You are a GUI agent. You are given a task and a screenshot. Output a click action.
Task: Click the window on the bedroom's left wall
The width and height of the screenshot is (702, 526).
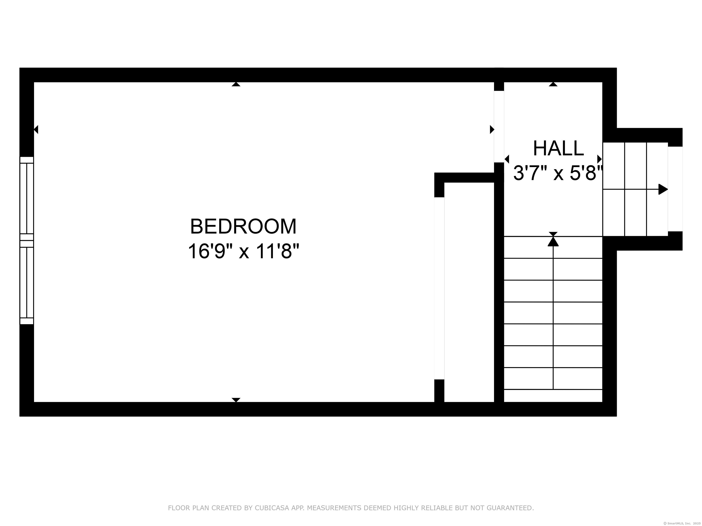[27, 240]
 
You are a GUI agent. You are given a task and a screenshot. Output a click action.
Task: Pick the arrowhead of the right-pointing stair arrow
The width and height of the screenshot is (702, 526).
[663, 189]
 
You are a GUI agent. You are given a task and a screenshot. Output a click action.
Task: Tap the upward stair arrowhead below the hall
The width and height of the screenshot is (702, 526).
[553, 242]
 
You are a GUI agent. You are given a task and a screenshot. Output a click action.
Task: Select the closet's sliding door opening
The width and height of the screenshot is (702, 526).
[439, 288]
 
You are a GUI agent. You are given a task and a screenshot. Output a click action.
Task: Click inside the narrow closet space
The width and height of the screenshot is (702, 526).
[469, 292]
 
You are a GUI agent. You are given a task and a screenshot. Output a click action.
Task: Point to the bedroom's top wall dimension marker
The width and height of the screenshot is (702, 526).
[236, 84]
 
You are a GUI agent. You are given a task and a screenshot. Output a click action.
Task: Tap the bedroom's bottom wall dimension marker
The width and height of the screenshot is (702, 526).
[236, 400]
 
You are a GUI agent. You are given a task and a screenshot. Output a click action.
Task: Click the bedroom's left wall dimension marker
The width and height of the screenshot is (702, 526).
[36, 129]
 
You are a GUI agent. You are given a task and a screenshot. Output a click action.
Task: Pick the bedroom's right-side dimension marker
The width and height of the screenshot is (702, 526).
[492, 129]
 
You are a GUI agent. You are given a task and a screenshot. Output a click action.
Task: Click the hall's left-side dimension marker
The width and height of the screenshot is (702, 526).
[507, 159]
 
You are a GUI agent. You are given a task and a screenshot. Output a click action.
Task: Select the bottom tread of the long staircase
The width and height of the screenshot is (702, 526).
[553, 395]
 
